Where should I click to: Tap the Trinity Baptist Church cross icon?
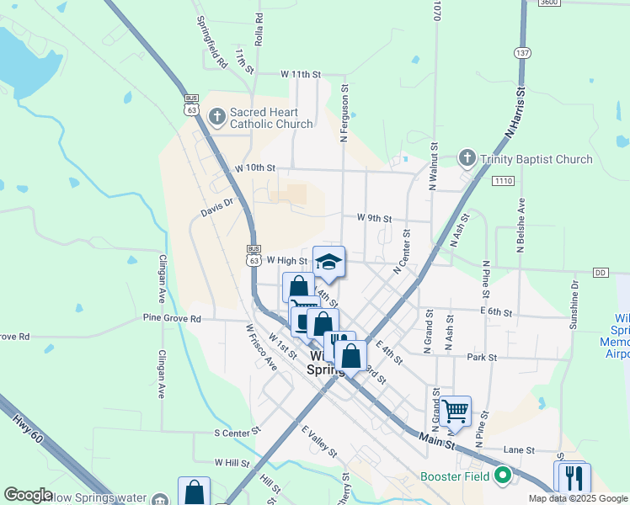point(467,158)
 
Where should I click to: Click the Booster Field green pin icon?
point(504,476)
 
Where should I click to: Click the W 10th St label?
point(255,168)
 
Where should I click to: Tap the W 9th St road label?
point(374,218)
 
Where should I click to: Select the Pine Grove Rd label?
point(172,319)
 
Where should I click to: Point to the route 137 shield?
point(523,53)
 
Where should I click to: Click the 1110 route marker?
point(504,181)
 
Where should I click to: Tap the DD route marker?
point(601,273)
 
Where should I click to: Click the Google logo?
point(28,495)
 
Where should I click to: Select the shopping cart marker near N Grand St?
point(455,412)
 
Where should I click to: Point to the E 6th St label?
point(496,312)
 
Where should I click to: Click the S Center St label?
point(237,433)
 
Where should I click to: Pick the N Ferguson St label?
point(344,114)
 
